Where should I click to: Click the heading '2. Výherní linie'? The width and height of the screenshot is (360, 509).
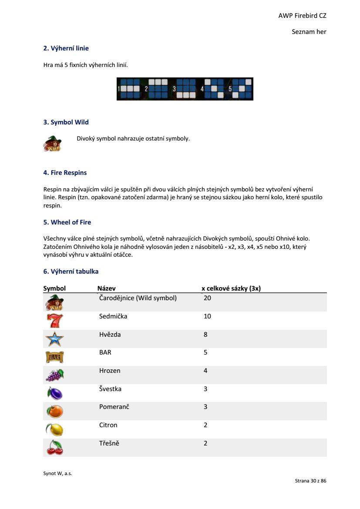pyautogui.click(x=66, y=48)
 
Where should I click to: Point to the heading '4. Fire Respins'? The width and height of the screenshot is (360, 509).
pyautogui.click(x=65, y=173)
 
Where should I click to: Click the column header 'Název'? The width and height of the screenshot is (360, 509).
pyautogui.click(x=106, y=288)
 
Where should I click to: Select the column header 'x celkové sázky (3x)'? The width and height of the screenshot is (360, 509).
pyautogui.click(x=231, y=288)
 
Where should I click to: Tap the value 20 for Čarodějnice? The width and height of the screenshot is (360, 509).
pyautogui.click(x=207, y=298)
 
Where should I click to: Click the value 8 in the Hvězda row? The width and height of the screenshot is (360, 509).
pyautogui.click(x=205, y=335)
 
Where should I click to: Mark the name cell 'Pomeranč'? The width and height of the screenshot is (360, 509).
pyautogui.click(x=114, y=407)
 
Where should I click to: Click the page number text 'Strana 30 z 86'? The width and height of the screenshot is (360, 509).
pyautogui.click(x=310, y=481)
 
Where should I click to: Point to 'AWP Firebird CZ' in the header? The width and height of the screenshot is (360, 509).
pyautogui.click(x=302, y=16)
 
